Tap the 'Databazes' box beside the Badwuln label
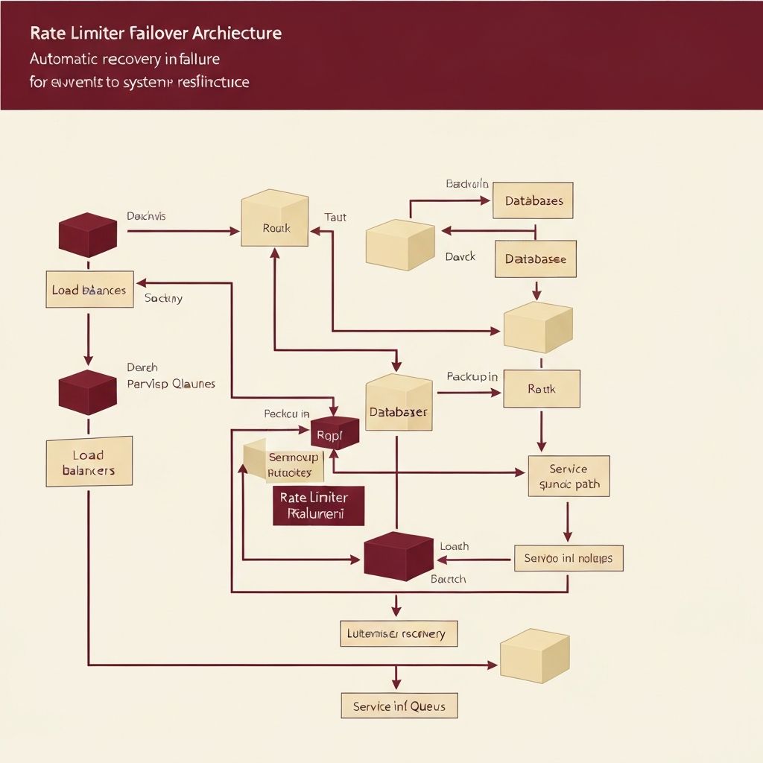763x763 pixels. coord(534,200)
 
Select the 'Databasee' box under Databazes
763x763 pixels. coord(535,259)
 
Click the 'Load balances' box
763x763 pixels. coord(89,290)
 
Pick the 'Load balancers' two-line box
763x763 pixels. coord(89,462)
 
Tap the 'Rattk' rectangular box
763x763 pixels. coord(541,389)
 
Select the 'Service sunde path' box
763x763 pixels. coord(568,477)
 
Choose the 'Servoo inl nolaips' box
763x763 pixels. coord(568,557)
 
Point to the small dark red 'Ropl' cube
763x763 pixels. coord(335,433)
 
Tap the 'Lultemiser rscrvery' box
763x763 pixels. coord(398,633)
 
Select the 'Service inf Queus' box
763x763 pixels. coord(399,705)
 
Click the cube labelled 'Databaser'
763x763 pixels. coord(399,406)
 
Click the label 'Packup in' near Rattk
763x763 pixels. coord(472,377)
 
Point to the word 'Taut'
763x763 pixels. coord(335,218)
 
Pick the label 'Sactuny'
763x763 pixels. coord(163,298)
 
